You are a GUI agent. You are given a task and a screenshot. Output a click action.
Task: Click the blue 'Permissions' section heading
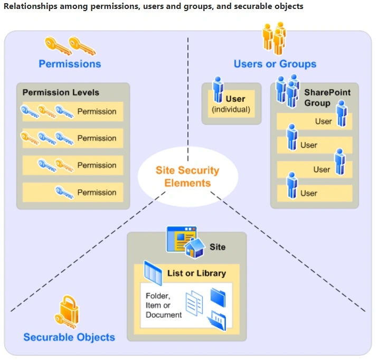pyautogui.click(x=70, y=64)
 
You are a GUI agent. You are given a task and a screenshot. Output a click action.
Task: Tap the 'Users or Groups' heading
pyautogui.click(x=275, y=64)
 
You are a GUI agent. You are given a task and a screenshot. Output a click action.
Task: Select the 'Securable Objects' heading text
pyautogui.click(x=69, y=337)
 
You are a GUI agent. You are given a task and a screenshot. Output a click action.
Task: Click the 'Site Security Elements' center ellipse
pyautogui.click(x=187, y=176)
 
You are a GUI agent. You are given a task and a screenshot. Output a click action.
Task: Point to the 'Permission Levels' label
pyautogui.click(x=61, y=92)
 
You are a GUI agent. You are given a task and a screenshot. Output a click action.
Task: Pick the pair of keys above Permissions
pyautogui.click(x=69, y=45)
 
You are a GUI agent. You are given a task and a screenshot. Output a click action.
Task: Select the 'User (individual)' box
pyautogui.click(x=231, y=103)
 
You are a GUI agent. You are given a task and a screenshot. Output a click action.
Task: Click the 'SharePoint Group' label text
pyautogui.click(x=327, y=98)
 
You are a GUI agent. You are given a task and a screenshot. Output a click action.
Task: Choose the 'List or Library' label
pyautogui.click(x=195, y=273)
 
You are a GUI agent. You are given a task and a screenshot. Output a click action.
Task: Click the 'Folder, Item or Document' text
pyautogui.click(x=164, y=306)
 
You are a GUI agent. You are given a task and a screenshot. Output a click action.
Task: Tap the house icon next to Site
pyautogui.click(x=194, y=248)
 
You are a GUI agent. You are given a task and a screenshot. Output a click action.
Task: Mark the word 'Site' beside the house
pyautogui.click(x=218, y=247)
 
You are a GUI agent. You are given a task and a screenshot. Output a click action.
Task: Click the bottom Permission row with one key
pyautogui.click(x=73, y=192)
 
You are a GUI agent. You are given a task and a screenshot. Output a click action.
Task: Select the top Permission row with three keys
pyautogui.click(x=73, y=111)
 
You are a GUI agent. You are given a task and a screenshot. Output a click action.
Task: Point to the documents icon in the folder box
pyautogui.click(x=194, y=305)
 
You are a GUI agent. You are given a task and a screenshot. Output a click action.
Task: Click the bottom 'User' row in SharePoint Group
pyautogui.click(x=314, y=193)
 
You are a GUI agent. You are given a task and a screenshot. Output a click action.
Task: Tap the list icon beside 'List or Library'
pyautogui.click(x=153, y=273)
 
